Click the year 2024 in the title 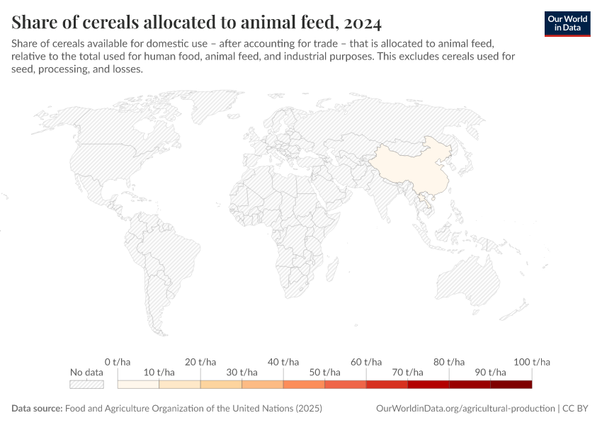(364, 23)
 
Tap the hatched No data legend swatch (86, 385)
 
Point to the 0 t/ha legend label (117, 362)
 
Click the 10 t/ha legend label (159, 373)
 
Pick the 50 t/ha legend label (324, 373)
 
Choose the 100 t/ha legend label (530, 362)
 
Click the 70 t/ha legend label (408, 373)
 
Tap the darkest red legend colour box (511, 385)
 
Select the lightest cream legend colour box (138, 385)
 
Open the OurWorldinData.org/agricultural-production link (465, 409)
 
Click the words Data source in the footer (36, 409)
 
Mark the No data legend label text (86, 373)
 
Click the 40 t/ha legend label (283, 362)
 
